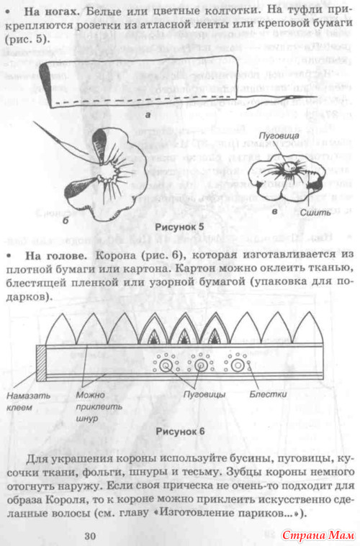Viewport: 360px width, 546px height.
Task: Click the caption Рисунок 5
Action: point(179,227)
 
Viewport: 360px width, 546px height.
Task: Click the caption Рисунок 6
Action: point(180,432)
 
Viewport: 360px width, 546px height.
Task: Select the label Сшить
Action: point(316,212)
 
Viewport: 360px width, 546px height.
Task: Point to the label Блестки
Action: point(268,394)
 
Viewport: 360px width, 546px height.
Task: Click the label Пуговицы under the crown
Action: point(204,395)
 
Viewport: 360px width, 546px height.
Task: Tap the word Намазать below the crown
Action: point(29,396)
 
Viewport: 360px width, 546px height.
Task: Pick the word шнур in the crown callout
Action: point(87,418)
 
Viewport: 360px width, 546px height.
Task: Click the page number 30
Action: point(90,536)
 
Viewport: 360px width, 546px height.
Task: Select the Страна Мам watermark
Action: point(318,535)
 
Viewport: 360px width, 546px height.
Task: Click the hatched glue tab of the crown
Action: point(41,363)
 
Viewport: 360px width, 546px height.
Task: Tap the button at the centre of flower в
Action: point(288,168)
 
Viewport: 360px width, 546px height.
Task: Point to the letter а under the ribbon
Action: point(148,115)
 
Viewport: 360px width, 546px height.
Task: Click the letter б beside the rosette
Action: point(66,221)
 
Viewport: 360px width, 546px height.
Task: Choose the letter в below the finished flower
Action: point(274,211)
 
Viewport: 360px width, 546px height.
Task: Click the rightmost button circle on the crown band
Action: point(238,365)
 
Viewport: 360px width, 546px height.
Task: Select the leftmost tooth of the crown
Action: point(61,329)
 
